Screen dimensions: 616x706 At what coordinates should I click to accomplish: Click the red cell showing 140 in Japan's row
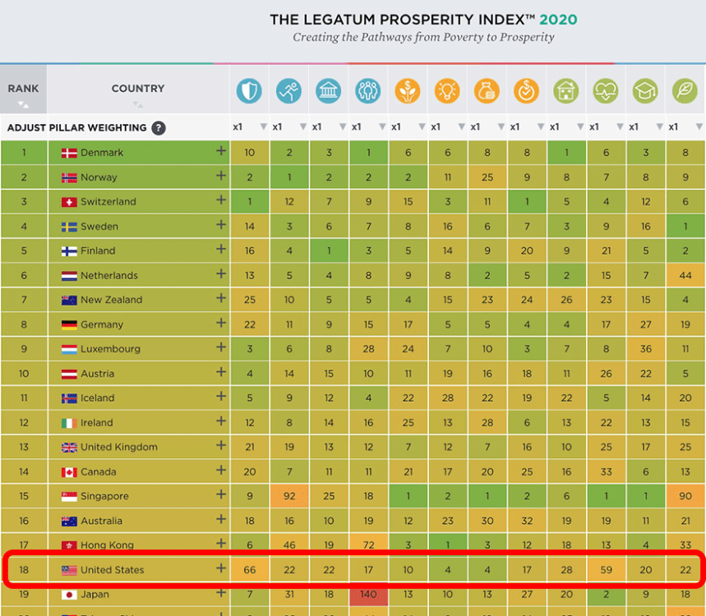point(368,595)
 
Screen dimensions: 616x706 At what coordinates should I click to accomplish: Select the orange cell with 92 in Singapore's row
point(289,496)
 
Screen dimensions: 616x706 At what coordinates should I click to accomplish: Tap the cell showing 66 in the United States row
point(249,570)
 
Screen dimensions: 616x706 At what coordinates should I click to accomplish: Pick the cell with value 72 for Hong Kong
point(368,545)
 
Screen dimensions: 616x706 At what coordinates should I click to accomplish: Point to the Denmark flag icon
point(69,153)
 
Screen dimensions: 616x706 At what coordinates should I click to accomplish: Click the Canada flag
point(69,472)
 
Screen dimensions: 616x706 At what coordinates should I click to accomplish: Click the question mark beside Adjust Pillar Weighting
point(158,128)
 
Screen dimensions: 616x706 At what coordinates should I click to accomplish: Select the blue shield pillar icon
point(249,90)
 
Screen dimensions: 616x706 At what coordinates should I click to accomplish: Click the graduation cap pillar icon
point(646,90)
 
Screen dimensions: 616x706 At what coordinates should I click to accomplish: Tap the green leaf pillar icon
point(685,90)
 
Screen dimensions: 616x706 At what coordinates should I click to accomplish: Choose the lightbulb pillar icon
point(447,90)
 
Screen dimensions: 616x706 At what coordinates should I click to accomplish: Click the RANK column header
point(23,89)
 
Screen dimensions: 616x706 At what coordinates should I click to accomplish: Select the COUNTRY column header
point(138,89)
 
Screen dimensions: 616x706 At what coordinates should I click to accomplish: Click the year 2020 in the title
point(558,20)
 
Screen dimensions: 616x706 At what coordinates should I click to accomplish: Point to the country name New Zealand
point(111,300)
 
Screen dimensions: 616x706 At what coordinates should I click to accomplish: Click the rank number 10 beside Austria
point(24,374)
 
